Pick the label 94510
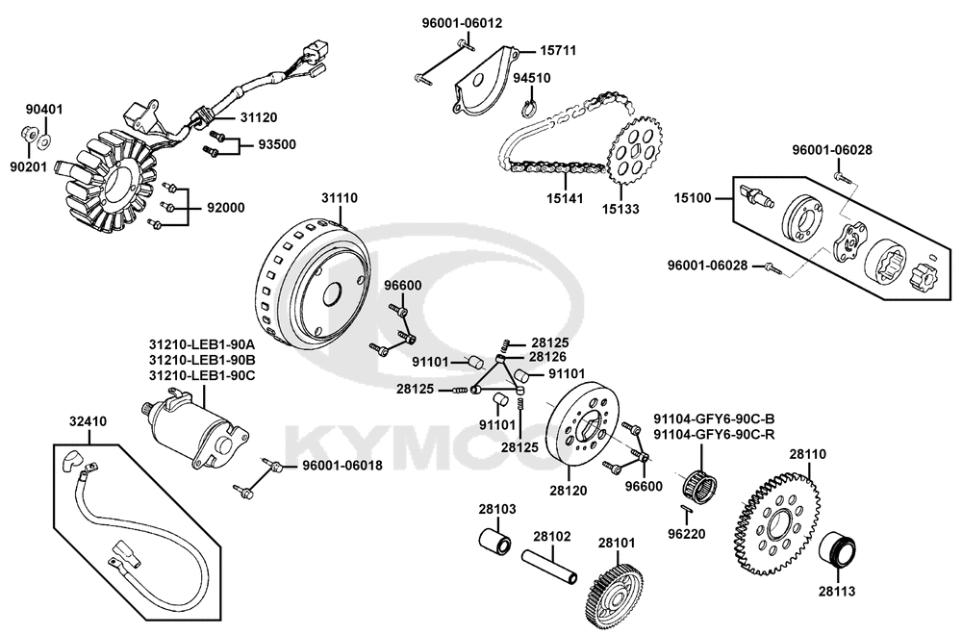click(530, 79)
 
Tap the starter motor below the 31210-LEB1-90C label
click(197, 428)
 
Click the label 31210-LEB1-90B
click(201, 359)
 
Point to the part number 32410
click(88, 420)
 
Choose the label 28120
click(569, 491)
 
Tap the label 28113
click(836, 592)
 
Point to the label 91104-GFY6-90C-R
click(714, 434)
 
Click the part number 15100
click(692, 199)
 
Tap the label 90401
click(43, 110)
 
